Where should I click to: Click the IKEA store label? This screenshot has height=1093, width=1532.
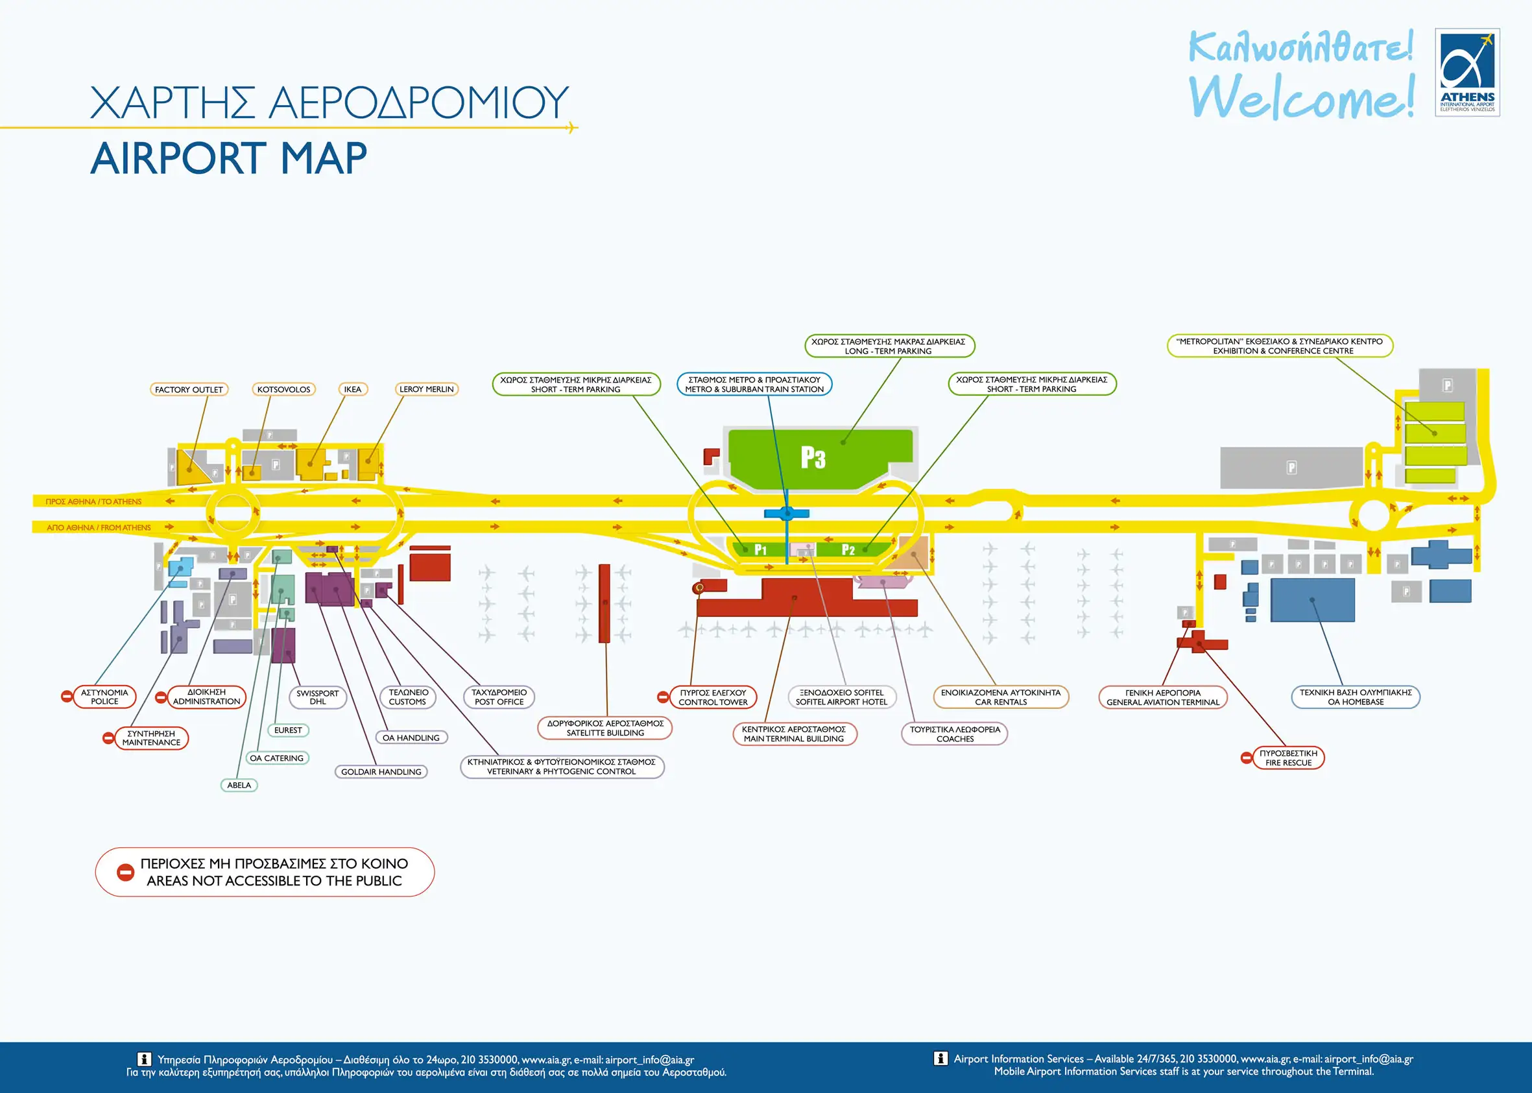pos(353,389)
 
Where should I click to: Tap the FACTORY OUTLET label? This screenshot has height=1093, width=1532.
pos(188,389)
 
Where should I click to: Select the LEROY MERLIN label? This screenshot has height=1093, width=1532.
pos(426,389)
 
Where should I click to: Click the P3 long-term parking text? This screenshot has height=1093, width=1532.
pos(813,458)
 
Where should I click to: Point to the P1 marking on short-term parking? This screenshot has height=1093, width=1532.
pos(760,550)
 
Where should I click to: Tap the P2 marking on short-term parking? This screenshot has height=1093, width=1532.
pos(848,550)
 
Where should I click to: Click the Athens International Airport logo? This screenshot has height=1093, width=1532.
pos(1466,72)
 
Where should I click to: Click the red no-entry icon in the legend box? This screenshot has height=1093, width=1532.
pos(126,872)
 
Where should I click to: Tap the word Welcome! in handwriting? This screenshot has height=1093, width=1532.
pos(1301,97)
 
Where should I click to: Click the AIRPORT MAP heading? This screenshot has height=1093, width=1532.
pos(229,159)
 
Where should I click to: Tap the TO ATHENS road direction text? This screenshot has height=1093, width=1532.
pos(93,501)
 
